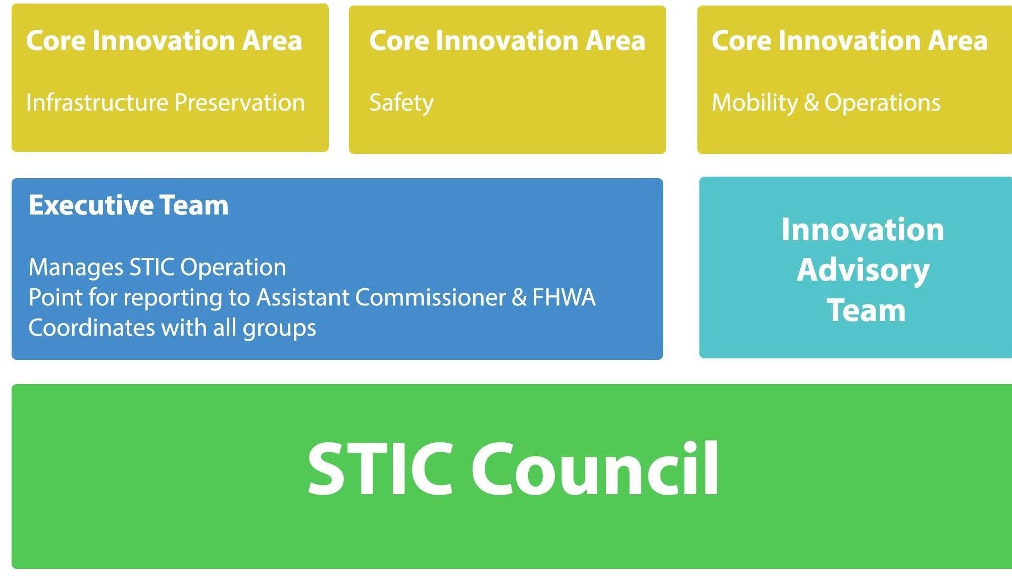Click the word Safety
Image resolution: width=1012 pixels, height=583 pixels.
tap(401, 103)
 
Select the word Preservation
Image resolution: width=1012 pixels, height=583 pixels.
tap(240, 102)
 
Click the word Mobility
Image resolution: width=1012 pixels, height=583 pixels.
tap(754, 103)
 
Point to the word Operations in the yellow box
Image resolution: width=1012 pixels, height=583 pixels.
tap(883, 103)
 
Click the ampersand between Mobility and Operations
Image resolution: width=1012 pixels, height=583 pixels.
tap(811, 103)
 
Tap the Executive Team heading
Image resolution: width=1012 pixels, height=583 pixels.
tap(129, 205)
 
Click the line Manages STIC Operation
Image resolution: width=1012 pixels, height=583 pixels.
tap(158, 268)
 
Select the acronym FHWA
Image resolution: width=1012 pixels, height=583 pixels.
tap(564, 297)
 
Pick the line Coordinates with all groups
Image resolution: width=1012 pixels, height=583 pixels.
tap(172, 328)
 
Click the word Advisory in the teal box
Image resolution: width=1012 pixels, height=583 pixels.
tap(863, 271)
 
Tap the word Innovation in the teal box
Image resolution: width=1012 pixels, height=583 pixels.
tap(863, 230)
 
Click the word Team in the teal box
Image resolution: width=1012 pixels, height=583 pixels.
tap(866, 310)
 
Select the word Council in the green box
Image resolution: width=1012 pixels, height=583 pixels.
tap(595, 469)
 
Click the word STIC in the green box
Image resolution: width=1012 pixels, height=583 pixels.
tap(380, 469)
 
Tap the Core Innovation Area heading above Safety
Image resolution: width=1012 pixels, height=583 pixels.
tap(508, 40)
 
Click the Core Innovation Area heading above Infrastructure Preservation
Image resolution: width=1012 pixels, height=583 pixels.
tap(164, 40)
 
